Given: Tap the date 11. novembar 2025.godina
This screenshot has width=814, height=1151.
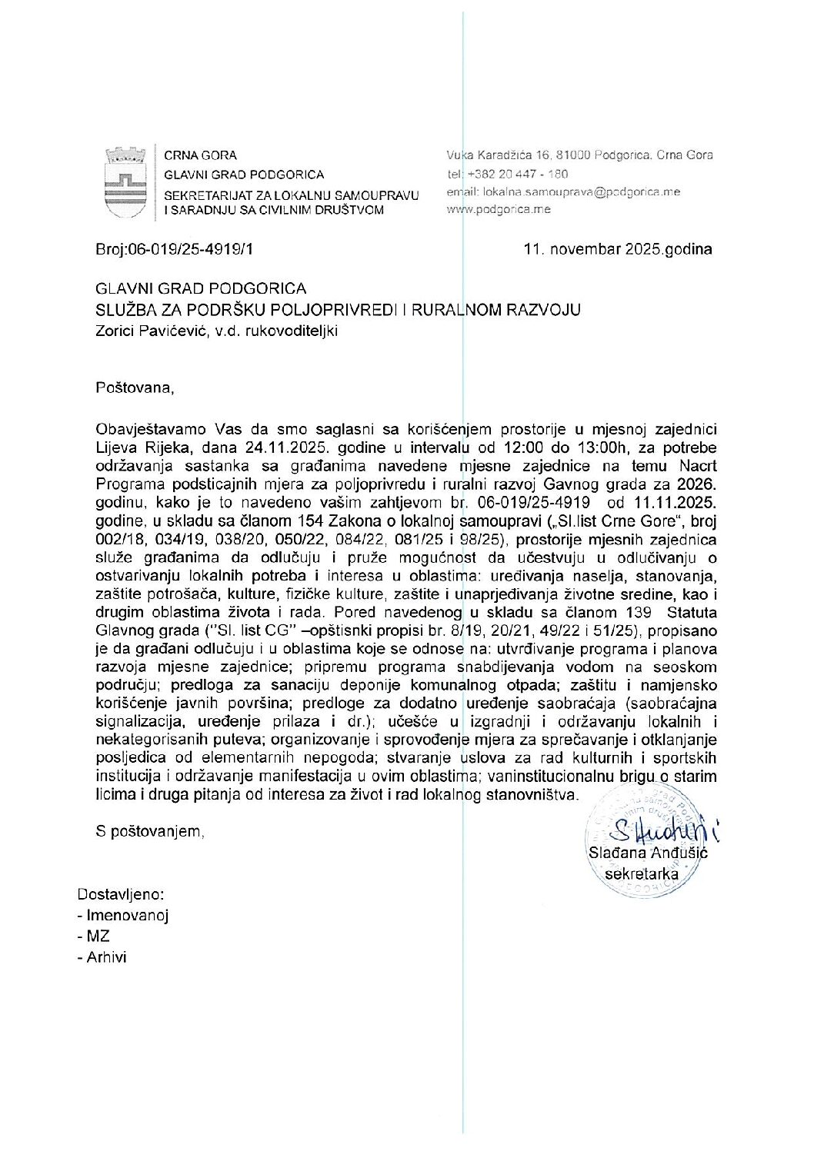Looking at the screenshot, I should coord(617,249).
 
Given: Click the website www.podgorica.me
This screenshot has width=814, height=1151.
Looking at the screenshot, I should coord(498,209).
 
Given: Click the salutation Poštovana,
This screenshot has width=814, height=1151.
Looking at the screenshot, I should coord(135,388).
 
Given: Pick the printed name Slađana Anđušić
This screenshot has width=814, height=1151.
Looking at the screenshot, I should coord(647,853).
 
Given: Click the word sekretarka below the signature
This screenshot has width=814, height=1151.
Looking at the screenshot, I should coord(642,873).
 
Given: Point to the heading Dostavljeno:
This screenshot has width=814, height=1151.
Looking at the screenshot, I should coord(121,895).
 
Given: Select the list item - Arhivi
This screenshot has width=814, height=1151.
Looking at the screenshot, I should coord(102,957).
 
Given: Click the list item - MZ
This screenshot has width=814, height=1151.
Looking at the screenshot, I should coord(93,936).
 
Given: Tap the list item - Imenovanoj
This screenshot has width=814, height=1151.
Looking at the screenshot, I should coord(122,916).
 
